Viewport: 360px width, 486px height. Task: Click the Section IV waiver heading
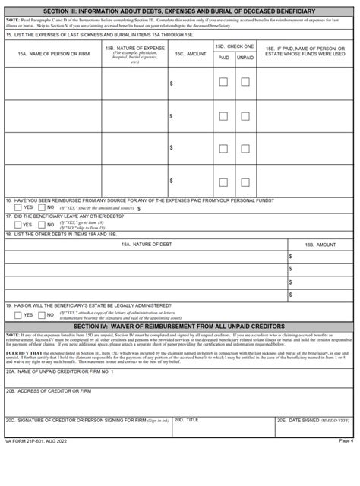(179, 326)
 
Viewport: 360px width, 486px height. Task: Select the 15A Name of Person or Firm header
(52, 55)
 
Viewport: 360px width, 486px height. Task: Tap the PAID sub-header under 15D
(223, 57)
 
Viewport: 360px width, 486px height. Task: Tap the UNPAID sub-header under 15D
(245, 57)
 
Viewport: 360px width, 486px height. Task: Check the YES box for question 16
(17, 207)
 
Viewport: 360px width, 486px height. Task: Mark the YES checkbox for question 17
(17, 225)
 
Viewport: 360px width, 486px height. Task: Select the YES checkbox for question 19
(17, 314)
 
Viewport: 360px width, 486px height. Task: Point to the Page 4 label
(346, 441)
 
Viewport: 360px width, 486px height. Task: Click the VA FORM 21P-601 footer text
(37, 441)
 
